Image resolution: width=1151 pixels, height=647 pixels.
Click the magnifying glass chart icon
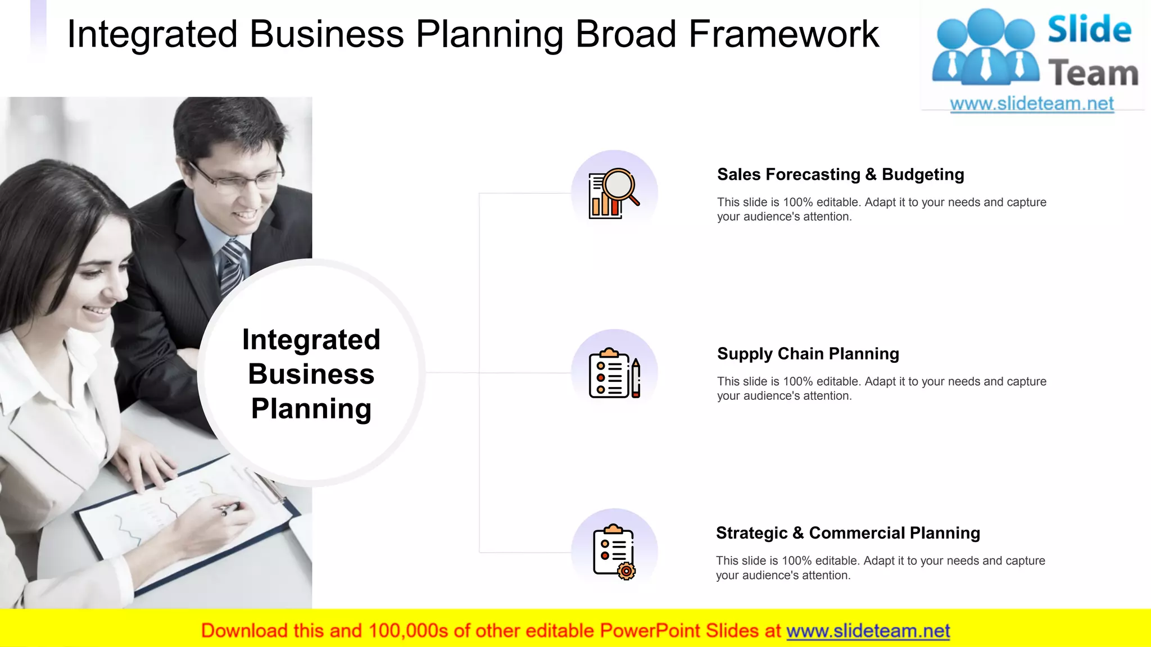pos(614,193)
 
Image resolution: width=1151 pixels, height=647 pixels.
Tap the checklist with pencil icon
pos(614,373)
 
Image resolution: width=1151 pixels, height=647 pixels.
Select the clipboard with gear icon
pos(614,552)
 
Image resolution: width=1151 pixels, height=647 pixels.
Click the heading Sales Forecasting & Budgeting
pos(840,175)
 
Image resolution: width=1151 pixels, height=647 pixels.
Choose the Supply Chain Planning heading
pos(808,354)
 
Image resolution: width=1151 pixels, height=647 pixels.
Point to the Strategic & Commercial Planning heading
pos(848,533)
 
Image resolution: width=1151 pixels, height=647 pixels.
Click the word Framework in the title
pos(783,34)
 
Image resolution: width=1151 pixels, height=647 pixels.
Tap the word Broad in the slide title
pos(625,34)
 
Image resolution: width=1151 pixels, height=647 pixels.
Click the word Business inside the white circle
pos(311,374)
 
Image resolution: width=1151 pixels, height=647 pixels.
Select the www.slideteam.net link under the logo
pos(1031,104)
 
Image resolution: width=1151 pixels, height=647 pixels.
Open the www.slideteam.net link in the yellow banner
pos(868,631)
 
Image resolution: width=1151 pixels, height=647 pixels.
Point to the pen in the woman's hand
pos(230,509)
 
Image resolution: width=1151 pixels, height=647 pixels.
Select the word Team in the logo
pos(1093,74)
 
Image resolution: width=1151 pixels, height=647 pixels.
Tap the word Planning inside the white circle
pos(311,409)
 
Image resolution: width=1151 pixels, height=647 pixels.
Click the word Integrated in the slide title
pos(152,34)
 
